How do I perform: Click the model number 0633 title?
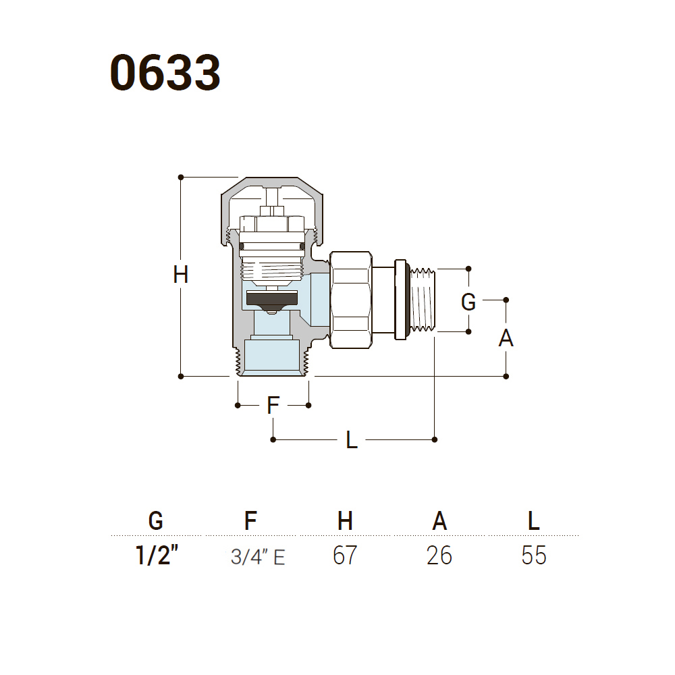click(165, 72)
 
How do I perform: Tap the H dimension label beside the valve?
click(181, 275)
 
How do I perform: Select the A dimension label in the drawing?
click(506, 338)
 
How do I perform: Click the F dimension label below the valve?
click(273, 405)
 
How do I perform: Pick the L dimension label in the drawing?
click(352, 440)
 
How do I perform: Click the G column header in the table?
click(156, 521)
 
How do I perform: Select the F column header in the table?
click(250, 520)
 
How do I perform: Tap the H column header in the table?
click(345, 520)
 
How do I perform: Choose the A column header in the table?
click(439, 520)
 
